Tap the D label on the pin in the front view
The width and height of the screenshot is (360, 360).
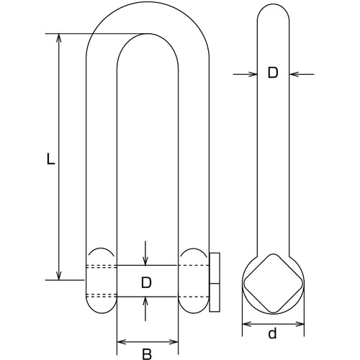pos(147,282)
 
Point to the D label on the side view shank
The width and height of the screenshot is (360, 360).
pos(272,73)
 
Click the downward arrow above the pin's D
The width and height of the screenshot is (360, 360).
pos(146,258)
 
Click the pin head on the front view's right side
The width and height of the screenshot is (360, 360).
pos(215,282)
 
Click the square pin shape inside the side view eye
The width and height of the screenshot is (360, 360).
pos(272,282)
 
